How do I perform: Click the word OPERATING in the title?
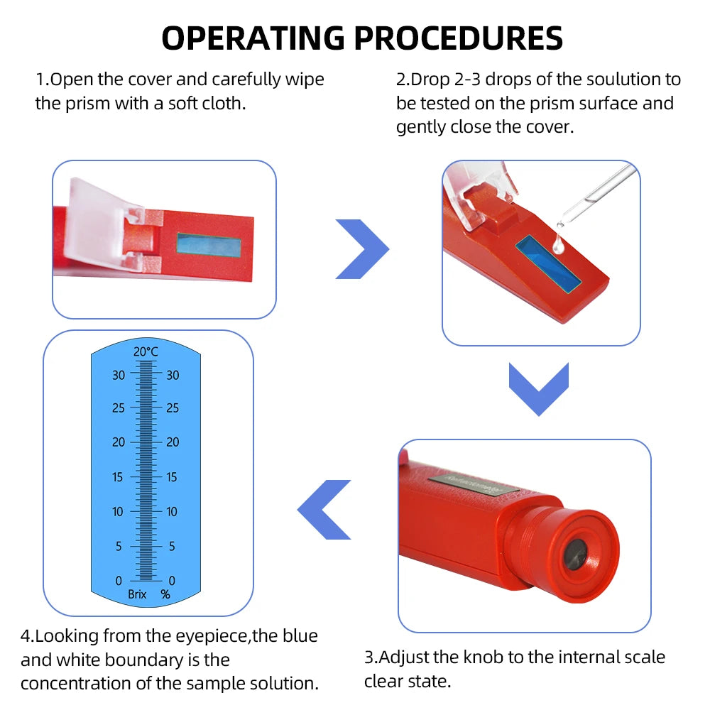click(253, 38)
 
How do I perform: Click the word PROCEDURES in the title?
click(454, 38)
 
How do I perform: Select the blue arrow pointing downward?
click(539, 388)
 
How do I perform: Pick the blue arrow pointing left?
click(324, 509)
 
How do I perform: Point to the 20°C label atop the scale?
click(146, 351)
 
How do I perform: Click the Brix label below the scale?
click(137, 594)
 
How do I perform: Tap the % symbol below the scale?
click(165, 594)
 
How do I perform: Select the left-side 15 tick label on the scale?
click(118, 477)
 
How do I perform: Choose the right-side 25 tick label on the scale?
click(173, 408)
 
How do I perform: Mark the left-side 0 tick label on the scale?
click(119, 581)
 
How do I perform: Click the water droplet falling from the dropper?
click(557, 245)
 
